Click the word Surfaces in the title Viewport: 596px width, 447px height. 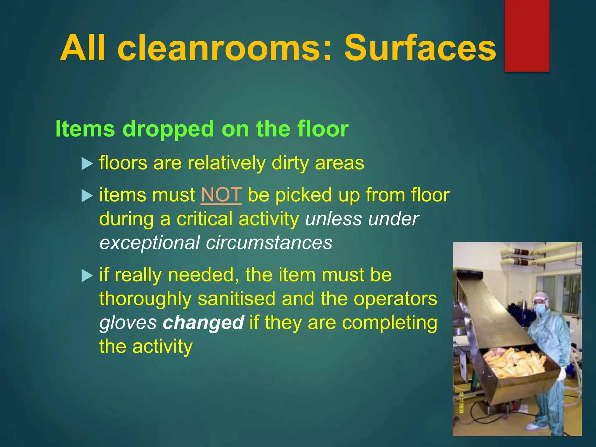click(420, 48)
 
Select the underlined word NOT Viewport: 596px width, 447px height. click(221, 195)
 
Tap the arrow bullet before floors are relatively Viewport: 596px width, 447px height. click(87, 164)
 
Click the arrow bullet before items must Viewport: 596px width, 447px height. click(87, 196)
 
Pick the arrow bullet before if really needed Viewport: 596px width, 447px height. click(87, 276)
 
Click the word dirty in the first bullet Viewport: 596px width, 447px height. click(290, 163)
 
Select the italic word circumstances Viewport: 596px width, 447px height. click(269, 243)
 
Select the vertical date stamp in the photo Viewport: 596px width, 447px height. click(461, 403)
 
